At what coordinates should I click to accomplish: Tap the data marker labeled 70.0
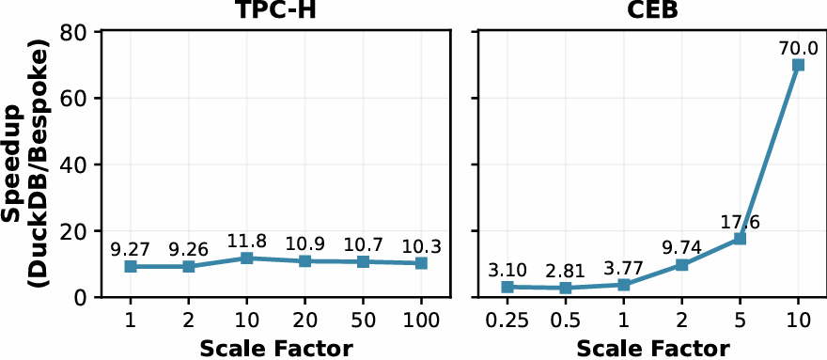(798, 65)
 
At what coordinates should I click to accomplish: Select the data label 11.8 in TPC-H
(247, 241)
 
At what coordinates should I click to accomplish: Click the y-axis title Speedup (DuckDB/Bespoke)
(28, 164)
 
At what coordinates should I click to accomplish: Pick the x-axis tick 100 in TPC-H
(421, 321)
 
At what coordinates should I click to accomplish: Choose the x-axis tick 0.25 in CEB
(507, 321)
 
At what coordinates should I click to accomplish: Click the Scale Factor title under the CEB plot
(652, 349)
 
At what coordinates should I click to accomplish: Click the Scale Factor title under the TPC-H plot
(276, 349)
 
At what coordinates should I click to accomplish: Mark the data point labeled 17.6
(740, 239)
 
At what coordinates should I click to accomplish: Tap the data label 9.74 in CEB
(681, 247)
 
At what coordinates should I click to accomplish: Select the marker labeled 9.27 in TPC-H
(131, 267)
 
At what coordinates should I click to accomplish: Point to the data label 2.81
(566, 271)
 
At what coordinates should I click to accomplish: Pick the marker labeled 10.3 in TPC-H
(421, 263)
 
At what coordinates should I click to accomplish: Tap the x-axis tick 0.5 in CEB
(566, 321)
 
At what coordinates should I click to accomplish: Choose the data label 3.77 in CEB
(624, 267)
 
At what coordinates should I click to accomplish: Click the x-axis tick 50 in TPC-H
(363, 321)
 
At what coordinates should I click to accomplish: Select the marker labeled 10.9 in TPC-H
(304, 261)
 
